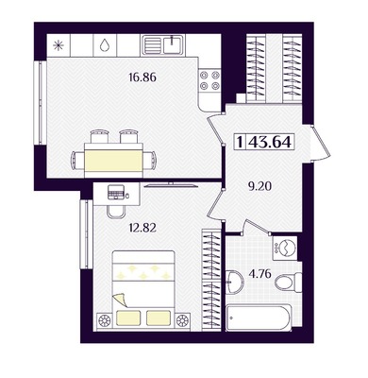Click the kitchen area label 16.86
[x=142, y=77]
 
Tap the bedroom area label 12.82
[x=142, y=227]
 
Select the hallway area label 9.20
[x=259, y=187]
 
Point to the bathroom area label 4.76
[x=259, y=274]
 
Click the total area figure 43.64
[x=270, y=143]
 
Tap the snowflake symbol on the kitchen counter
[x=59, y=46]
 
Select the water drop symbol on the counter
[x=105, y=45]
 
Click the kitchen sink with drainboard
[x=162, y=45]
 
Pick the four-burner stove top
[x=209, y=80]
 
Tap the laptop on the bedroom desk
[x=115, y=192]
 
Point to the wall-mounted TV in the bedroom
[x=171, y=185]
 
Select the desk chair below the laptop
[x=116, y=212]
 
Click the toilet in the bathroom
[x=289, y=282]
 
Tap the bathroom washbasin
[x=234, y=282]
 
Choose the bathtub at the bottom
[x=259, y=318]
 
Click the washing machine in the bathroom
[x=284, y=248]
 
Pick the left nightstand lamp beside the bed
[x=104, y=320]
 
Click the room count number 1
[x=240, y=143]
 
